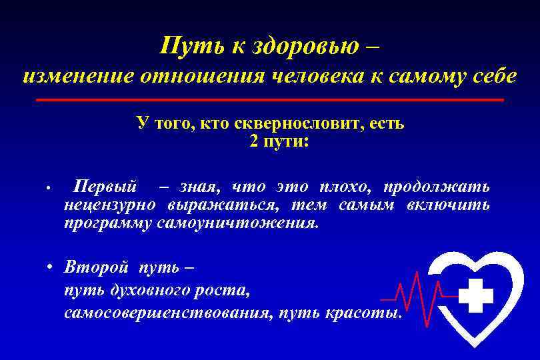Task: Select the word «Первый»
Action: pyautogui.click(x=105, y=185)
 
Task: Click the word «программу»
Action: pyautogui.click(x=109, y=223)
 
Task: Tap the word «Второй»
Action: pyautogui.click(x=95, y=267)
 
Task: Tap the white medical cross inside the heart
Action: pyautogui.click(x=476, y=295)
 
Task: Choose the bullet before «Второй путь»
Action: pyautogui.click(x=50, y=267)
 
